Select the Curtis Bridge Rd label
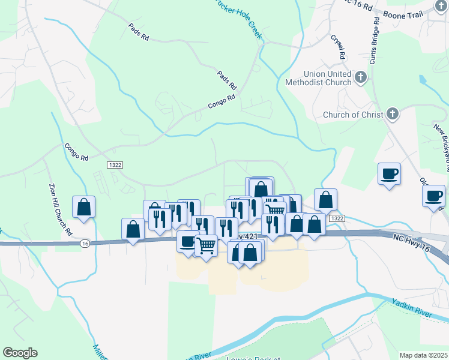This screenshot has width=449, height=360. [374, 40]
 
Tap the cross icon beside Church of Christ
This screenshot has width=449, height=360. [392, 114]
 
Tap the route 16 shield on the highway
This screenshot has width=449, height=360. [85, 243]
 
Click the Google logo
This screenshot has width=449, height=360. [20, 353]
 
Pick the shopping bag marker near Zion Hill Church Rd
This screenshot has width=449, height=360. [84, 207]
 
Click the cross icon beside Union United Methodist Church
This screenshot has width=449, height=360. [361, 77]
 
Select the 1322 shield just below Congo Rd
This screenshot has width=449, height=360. [115, 164]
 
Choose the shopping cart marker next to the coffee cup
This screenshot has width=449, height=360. [206, 244]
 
